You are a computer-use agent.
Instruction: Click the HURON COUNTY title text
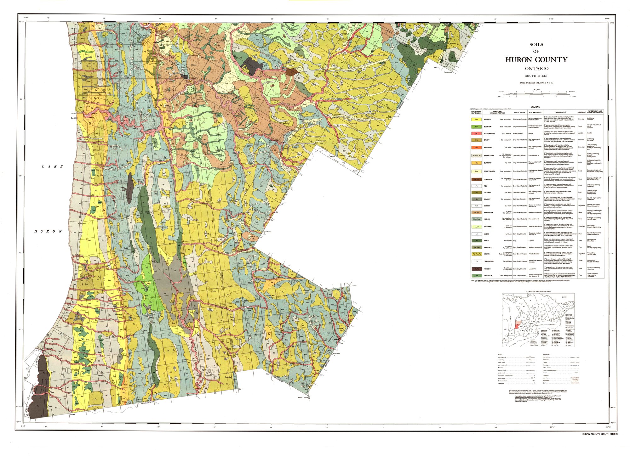click(x=536, y=60)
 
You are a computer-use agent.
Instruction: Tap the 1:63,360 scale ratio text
click(x=536, y=89)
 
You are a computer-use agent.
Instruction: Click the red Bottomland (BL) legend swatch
click(x=476, y=133)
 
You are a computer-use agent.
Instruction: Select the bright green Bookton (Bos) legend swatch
click(x=476, y=127)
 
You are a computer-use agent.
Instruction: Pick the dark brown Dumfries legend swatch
click(x=476, y=179)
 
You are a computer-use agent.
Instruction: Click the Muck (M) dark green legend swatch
click(x=476, y=240)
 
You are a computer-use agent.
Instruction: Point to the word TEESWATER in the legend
click(x=489, y=261)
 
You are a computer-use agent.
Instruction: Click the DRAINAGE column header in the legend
click(x=581, y=112)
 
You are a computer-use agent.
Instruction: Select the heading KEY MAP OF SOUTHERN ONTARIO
click(x=538, y=292)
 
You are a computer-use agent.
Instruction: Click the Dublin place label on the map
click(x=355, y=171)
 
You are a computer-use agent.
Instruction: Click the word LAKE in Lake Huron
click(x=53, y=166)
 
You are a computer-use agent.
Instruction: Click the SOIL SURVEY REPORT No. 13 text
click(x=536, y=83)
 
